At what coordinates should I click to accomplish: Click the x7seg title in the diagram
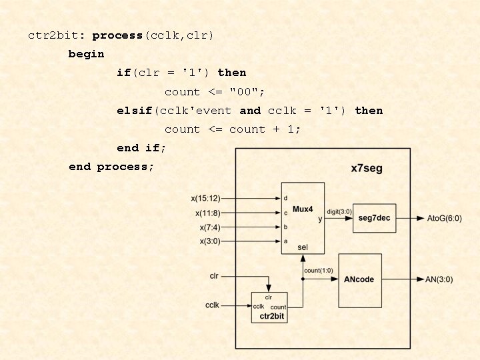click(367, 168)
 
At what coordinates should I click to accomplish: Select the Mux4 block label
click(303, 209)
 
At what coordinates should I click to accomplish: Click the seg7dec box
click(374, 218)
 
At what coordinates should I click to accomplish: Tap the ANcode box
click(359, 279)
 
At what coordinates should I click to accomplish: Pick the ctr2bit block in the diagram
click(269, 307)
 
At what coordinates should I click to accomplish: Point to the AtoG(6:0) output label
click(443, 218)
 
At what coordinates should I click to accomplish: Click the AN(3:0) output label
click(439, 279)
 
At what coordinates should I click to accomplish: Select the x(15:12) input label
click(205, 198)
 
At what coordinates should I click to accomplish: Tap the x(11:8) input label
click(207, 213)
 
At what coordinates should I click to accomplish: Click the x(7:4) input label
click(209, 227)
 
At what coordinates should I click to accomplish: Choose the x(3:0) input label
click(209, 241)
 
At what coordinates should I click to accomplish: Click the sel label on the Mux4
click(303, 247)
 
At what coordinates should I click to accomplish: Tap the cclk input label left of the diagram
click(212, 305)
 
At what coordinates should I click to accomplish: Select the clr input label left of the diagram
click(214, 275)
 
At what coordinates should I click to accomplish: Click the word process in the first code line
click(117, 35)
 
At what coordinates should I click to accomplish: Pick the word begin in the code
click(86, 54)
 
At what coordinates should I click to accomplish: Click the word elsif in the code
click(135, 111)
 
